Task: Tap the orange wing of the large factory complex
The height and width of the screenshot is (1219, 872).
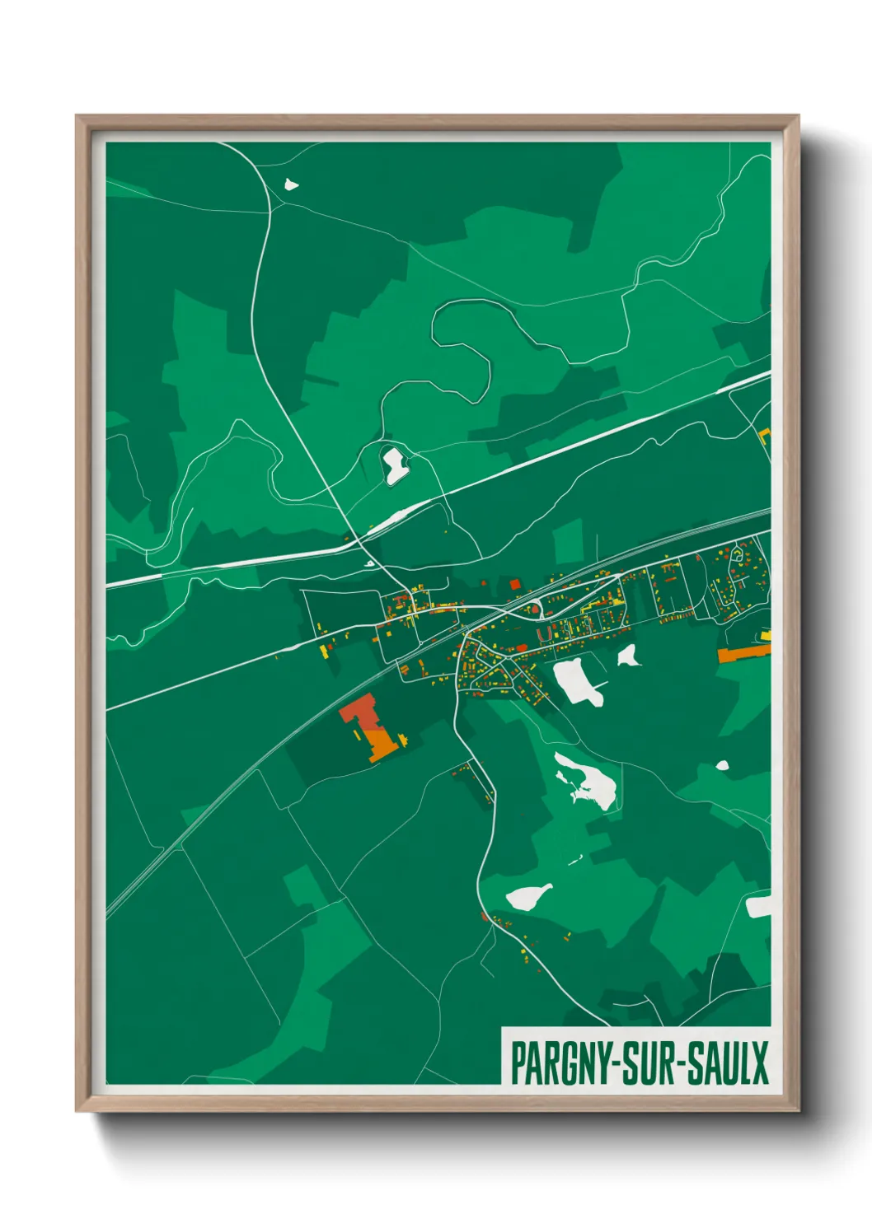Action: pos(382,745)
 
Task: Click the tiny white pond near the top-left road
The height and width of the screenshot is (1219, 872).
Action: pos(290,184)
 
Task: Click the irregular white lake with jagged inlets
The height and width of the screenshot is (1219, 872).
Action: pos(587,782)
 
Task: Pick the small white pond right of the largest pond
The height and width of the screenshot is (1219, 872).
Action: pos(629,656)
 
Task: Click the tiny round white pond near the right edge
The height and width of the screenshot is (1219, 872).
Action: pos(723,765)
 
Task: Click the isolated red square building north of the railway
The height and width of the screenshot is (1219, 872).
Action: pos(515,585)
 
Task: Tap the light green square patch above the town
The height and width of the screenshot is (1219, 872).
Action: pos(568,543)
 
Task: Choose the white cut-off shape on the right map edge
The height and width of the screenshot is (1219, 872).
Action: pos(758,907)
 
